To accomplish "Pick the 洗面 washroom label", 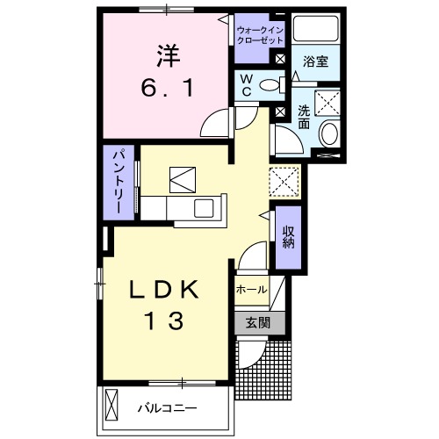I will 303,117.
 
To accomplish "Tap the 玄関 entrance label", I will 258,322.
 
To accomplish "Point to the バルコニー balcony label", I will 168,408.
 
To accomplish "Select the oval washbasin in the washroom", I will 330,134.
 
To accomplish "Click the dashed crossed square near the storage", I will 285,182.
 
